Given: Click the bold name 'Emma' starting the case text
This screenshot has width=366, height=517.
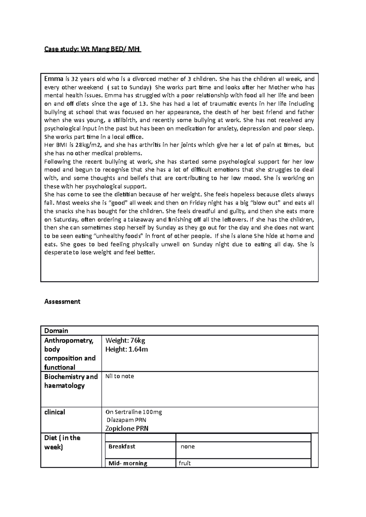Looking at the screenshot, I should click(x=53, y=79).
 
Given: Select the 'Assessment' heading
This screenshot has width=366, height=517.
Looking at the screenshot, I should click(x=62, y=301).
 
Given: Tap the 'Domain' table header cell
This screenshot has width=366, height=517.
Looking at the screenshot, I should click(x=56, y=331).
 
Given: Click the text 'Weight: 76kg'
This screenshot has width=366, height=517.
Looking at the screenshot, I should click(x=125, y=341).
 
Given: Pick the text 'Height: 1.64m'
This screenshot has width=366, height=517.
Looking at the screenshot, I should click(x=126, y=349).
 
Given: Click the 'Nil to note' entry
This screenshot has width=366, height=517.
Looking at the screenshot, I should click(x=120, y=376).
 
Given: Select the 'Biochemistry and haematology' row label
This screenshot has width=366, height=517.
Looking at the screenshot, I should click(x=71, y=381).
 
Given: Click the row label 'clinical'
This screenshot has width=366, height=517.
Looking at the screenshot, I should click(x=55, y=412).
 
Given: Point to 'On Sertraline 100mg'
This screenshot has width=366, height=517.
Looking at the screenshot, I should click(x=134, y=412).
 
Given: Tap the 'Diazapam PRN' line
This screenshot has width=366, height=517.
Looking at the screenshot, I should click(x=127, y=420).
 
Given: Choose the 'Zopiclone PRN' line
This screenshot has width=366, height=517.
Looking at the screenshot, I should click(x=127, y=428).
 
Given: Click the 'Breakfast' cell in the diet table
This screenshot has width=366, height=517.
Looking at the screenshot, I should click(x=122, y=447).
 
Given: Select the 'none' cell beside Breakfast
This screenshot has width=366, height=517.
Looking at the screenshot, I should click(x=188, y=447).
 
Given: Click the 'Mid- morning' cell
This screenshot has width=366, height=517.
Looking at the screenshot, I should click(x=128, y=463).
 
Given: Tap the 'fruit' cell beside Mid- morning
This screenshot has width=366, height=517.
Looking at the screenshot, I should click(x=185, y=463).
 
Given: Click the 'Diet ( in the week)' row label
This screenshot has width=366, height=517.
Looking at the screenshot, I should click(x=62, y=442).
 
